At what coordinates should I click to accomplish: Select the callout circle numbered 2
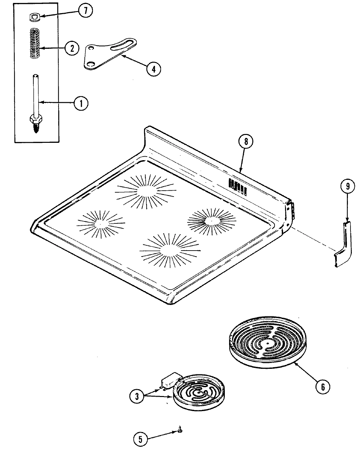pos(72,48)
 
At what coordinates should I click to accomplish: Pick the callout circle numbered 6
pos(323,387)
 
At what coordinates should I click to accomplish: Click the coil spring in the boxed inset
pos(37,43)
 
